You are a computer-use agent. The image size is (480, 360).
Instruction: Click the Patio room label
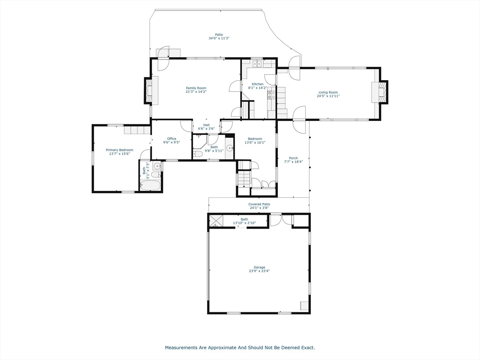(x=219, y=35)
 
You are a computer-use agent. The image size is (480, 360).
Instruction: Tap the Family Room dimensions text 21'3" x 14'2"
(x=196, y=91)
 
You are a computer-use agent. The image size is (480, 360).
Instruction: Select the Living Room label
(x=328, y=92)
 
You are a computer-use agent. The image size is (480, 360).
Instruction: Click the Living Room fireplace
(x=379, y=92)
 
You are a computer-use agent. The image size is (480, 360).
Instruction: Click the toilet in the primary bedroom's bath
(x=156, y=175)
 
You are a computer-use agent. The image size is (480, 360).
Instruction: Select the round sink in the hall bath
(x=230, y=149)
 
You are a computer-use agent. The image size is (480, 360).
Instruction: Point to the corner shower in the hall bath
(x=199, y=139)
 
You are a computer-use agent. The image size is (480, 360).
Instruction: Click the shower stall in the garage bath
(x=216, y=221)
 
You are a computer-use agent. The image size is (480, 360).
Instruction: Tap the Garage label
(x=259, y=267)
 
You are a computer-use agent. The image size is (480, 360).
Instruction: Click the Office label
(x=172, y=139)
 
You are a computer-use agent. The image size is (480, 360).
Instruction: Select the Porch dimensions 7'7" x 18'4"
(x=293, y=162)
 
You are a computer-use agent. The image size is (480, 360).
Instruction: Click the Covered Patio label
(x=259, y=204)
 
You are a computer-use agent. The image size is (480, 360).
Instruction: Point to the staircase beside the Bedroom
(x=244, y=179)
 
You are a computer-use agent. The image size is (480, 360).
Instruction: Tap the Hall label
(x=206, y=125)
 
